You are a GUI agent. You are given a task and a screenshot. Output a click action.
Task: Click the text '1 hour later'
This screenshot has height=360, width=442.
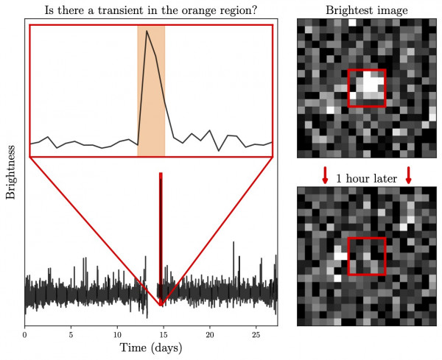click(366, 178)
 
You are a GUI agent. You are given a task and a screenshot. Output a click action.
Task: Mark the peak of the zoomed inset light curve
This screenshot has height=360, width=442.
click(147, 31)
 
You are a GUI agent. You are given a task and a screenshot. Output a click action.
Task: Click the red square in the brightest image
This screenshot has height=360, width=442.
click(366, 88)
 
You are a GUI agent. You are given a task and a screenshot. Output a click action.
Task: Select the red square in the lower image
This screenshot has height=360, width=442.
click(366, 256)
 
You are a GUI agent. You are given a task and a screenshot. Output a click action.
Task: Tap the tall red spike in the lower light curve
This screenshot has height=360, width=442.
click(161, 221)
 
